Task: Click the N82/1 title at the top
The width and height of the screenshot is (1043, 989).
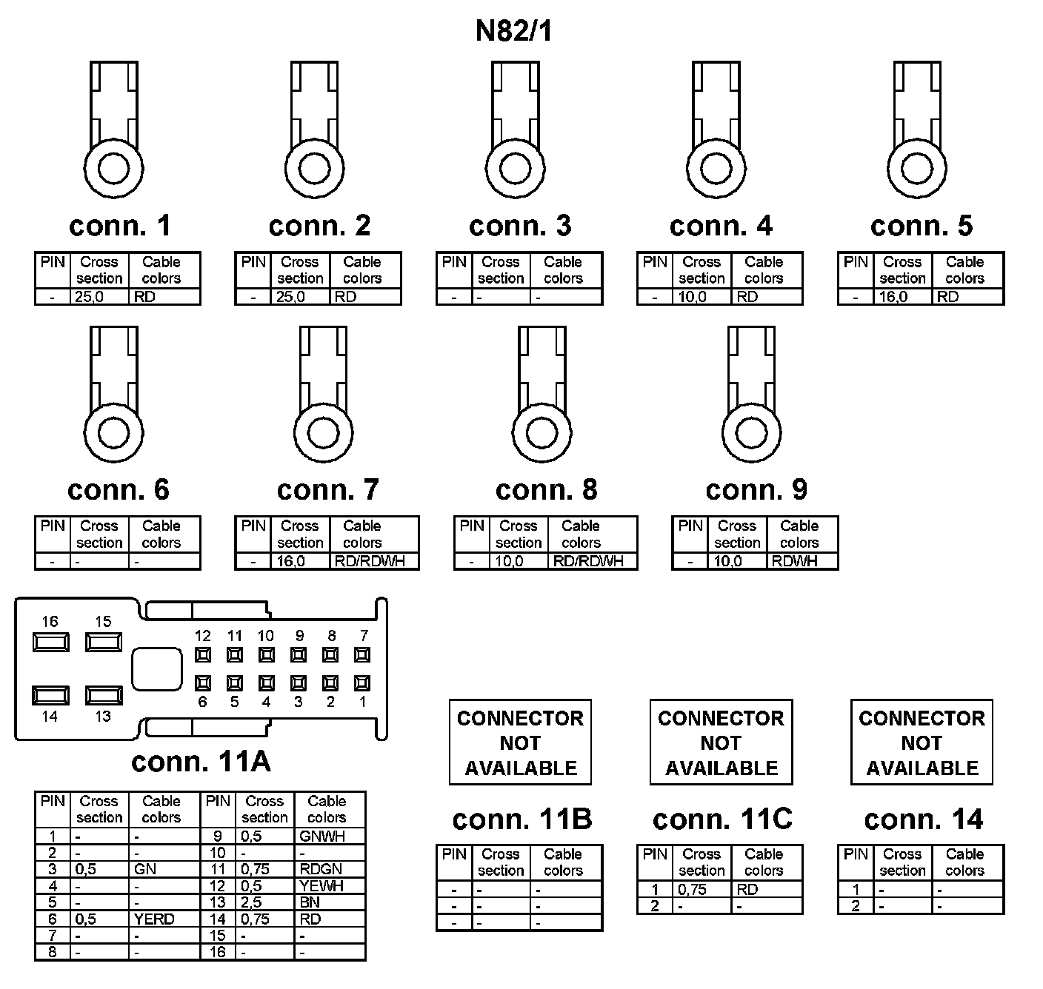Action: point(513,31)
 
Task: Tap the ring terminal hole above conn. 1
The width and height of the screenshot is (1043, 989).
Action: point(113,169)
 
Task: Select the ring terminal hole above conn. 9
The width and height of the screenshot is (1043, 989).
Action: point(751,433)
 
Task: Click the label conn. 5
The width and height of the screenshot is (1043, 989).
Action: point(921,226)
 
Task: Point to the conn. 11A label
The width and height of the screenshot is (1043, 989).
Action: point(201,762)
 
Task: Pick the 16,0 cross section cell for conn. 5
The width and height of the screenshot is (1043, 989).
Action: point(903,297)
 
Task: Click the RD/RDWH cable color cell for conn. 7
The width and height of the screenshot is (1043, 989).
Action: point(373,561)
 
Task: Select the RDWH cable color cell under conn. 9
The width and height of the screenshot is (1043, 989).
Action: point(802,561)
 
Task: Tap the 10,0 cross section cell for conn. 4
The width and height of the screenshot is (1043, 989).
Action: point(702,297)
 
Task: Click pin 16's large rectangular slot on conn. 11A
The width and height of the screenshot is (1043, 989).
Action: point(50,642)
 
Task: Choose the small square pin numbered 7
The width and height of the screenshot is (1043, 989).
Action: point(362,655)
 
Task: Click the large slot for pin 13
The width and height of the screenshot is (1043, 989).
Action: point(104,696)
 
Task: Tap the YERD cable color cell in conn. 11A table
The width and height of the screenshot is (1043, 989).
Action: point(164,919)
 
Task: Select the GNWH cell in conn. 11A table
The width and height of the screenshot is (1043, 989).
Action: point(329,837)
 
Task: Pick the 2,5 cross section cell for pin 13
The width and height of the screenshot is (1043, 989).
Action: point(265,902)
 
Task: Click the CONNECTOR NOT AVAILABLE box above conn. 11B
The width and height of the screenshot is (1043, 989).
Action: point(520,742)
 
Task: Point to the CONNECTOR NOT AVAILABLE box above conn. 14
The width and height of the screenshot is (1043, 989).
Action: point(922,742)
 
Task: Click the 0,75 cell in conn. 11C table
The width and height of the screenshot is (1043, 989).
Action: point(702,889)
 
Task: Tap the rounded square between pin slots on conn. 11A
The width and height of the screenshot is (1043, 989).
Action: point(156,668)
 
